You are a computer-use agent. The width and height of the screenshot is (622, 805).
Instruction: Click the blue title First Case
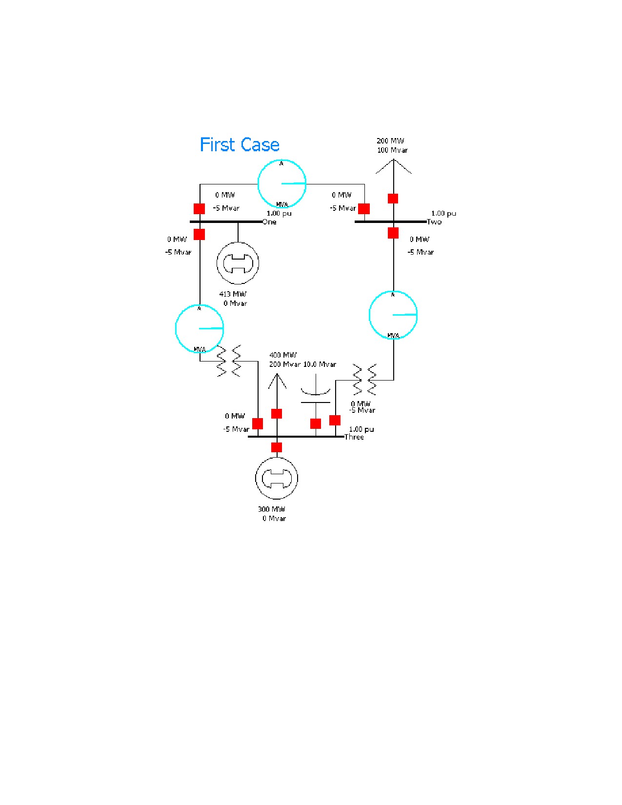pos(240,144)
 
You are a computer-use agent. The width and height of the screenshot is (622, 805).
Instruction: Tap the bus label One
pos(269,222)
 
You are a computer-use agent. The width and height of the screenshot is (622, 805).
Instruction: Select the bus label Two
pos(434,222)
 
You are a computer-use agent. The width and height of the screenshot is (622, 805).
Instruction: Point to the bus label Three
pos(354,437)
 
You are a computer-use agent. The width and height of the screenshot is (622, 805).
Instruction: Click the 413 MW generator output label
pos(233,299)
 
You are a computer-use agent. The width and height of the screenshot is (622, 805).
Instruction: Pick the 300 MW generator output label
pos(272,513)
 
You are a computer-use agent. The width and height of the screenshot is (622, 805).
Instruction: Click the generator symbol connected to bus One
pos(238,263)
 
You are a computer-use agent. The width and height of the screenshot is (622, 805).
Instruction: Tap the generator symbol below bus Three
pos(276,478)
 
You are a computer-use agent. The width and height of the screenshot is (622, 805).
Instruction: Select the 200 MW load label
pos(392,145)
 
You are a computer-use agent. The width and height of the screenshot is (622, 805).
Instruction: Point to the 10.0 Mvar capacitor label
pos(320,364)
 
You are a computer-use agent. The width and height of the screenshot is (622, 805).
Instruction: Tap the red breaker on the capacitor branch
pos(316,423)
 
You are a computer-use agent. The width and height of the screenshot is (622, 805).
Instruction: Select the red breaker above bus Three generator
pos(276,447)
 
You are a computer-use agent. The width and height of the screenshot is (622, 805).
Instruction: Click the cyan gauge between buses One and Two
pos(282,184)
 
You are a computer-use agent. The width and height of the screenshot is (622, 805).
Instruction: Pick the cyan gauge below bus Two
pos(393,315)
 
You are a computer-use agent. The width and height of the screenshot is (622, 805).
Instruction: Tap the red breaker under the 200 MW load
pos(393,199)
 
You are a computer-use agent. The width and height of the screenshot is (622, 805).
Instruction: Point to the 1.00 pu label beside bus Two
pos(444,213)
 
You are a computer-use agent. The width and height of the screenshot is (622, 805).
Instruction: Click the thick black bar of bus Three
pos(296,437)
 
